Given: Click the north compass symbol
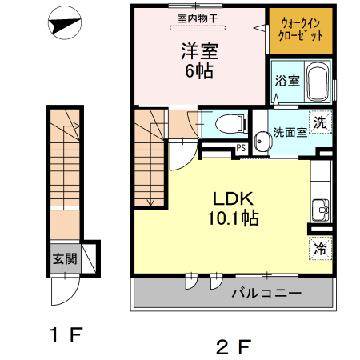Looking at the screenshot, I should [63, 26].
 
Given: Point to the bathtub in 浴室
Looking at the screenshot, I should [318, 82].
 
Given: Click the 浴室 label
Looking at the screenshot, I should [286, 81].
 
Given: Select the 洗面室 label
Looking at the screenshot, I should [289, 133].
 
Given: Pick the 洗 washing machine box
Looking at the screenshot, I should [320, 123].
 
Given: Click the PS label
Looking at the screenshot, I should [241, 146].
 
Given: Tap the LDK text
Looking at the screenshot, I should [233, 198].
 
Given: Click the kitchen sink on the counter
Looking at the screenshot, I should [323, 210].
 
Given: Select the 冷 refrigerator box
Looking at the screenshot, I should [320, 248].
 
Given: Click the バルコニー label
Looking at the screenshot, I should [266, 294].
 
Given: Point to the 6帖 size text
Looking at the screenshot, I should [199, 71].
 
